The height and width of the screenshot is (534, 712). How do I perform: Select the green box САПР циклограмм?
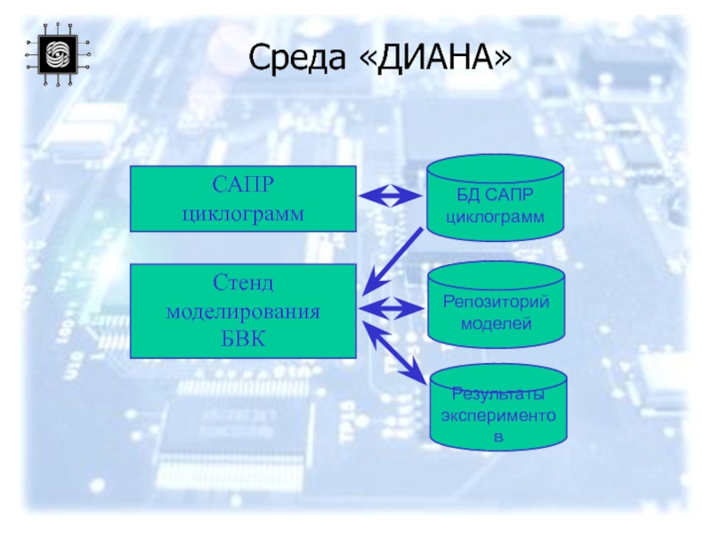point(243,198)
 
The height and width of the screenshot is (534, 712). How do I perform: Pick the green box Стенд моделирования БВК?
point(243,311)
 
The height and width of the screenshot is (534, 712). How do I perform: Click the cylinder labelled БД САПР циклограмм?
point(495,198)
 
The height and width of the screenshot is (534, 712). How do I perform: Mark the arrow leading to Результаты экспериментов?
point(395,354)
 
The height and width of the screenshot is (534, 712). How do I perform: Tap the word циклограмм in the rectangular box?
point(243,214)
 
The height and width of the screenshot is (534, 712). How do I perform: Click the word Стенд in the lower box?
point(243,283)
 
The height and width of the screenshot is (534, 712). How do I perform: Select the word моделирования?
point(243,311)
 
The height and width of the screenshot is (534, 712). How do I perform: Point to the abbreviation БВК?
point(243,340)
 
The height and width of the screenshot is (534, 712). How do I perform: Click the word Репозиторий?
point(496,302)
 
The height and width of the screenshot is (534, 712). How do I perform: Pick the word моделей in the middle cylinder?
point(496,323)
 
